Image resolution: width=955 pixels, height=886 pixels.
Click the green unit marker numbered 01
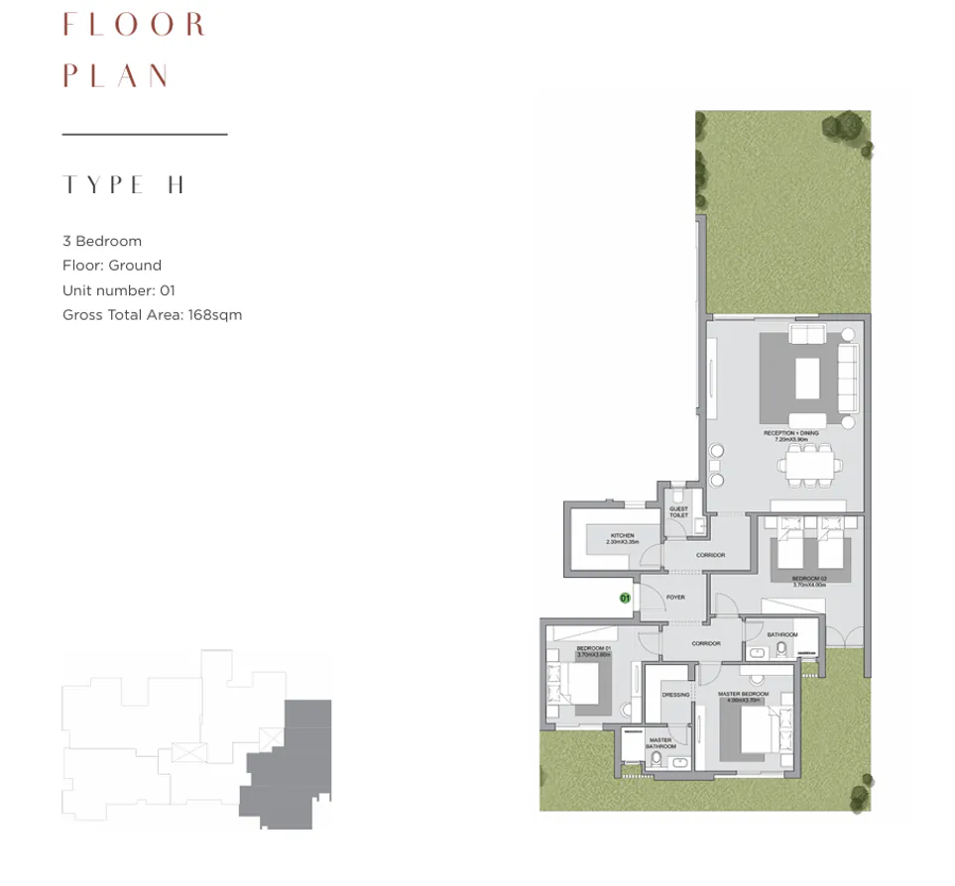[x=625, y=598]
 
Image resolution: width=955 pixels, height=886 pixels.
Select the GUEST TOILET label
[x=678, y=512]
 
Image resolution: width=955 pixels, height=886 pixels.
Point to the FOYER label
[x=675, y=598]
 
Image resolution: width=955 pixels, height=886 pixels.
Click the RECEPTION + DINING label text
[x=789, y=435]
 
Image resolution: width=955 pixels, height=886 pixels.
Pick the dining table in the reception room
[x=810, y=463]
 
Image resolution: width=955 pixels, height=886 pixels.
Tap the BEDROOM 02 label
[x=808, y=581]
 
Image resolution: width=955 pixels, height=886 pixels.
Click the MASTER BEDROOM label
[x=743, y=696]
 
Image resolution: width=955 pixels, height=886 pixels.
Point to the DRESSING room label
[x=675, y=695]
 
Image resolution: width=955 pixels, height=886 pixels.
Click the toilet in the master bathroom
[x=656, y=760]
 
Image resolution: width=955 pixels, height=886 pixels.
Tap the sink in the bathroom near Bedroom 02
[x=758, y=652]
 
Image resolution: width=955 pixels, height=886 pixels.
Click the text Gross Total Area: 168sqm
[x=152, y=315]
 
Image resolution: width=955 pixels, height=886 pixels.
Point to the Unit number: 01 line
[x=118, y=290]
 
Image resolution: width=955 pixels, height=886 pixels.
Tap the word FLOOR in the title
[x=134, y=25]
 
